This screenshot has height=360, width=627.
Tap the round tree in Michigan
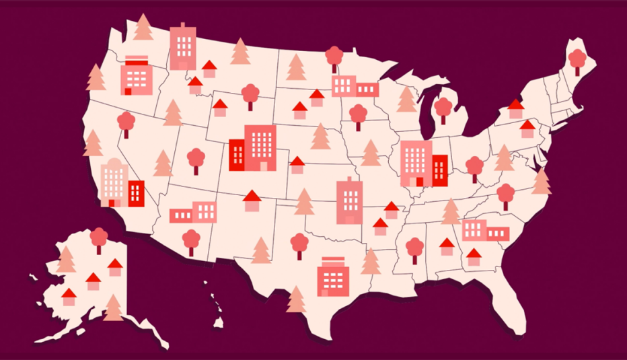pos(443,109)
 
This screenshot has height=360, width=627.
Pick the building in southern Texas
pos(331,275)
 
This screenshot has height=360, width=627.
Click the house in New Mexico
pos(252,200)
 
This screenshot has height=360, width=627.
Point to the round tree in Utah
pos(196,160)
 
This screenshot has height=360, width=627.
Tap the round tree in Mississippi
pos(415,250)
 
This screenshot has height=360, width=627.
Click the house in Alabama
pos(447,246)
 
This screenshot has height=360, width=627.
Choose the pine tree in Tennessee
pos(451,212)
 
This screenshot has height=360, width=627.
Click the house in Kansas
pos(297,164)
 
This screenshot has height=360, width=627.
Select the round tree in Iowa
pos(358,115)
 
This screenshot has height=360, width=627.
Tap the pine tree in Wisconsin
pos(406,99)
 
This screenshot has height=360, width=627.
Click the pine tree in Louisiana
pos(370,260)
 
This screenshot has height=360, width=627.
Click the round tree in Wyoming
pos(250,95)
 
